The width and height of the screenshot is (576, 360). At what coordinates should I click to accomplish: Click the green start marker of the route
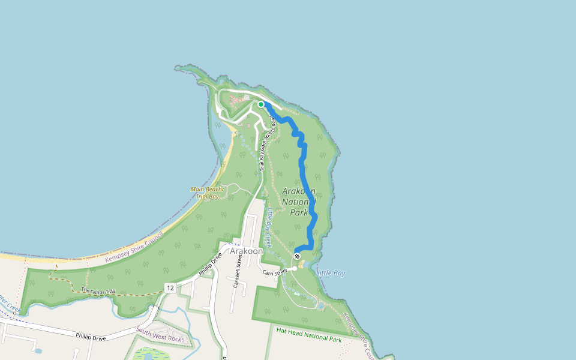261,104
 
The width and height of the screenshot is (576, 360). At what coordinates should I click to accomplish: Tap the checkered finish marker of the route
297,256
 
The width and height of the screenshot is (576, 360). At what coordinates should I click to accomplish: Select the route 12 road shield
171,289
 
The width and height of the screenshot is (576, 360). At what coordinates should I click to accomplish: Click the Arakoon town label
247,251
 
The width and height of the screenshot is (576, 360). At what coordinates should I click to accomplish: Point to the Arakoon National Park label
299,202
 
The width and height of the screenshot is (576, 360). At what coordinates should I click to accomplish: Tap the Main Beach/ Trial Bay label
206,193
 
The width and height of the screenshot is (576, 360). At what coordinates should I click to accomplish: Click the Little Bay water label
331,273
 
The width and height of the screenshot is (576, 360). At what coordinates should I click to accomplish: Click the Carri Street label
276,272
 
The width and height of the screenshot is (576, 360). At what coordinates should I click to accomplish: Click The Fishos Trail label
98,291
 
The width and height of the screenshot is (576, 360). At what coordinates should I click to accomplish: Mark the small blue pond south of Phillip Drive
38,350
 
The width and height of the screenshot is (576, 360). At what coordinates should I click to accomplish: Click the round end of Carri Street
294,269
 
